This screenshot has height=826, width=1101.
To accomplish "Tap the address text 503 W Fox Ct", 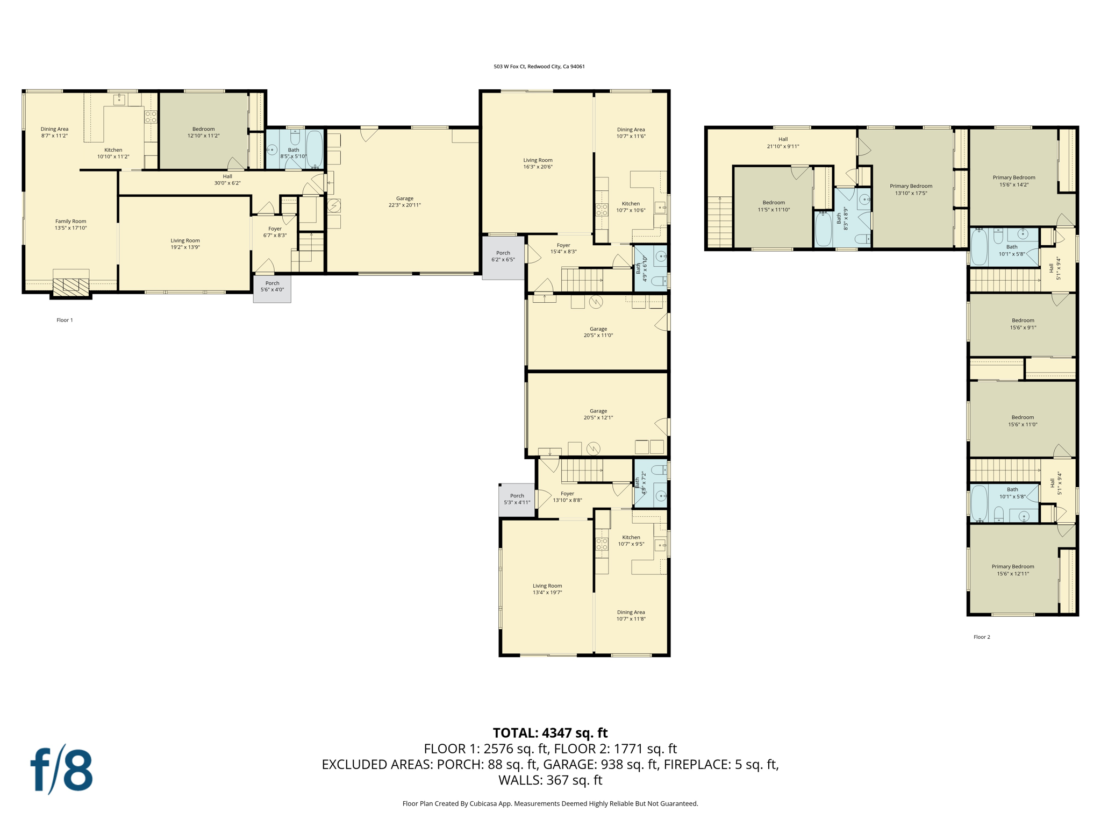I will click(539, 67).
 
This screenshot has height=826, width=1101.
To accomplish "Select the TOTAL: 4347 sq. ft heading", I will click(550, 733).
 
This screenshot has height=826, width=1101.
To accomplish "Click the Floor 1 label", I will click(65, 320).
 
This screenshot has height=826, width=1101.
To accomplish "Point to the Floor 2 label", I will click(981, 637).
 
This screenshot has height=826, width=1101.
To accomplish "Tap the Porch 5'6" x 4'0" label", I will click(272, 287).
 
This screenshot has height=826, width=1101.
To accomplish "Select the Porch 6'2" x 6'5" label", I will click(503, 256).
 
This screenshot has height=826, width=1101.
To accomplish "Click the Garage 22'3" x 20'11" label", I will click(404, 202).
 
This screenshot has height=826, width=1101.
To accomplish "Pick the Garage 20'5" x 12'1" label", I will click(598, 414).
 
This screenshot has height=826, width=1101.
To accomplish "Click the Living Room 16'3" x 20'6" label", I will click(538, 163).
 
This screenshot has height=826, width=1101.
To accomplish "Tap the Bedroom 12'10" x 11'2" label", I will click(203, 132).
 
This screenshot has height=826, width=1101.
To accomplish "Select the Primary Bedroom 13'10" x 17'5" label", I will click(911, 189).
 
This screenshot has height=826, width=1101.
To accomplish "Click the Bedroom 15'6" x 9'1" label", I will click(1023, 324).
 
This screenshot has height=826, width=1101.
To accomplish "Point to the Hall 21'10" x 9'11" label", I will click(783, 143).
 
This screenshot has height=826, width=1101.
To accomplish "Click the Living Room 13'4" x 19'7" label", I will click(547, 589).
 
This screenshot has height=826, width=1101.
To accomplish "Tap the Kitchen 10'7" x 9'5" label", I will click(631, 540).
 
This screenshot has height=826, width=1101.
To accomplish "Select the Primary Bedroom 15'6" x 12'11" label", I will click(1013, 570).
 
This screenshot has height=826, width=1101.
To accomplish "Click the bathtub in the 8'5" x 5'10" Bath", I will click(314, 149).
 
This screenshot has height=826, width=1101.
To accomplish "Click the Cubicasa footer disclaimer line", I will click(550, 803).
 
